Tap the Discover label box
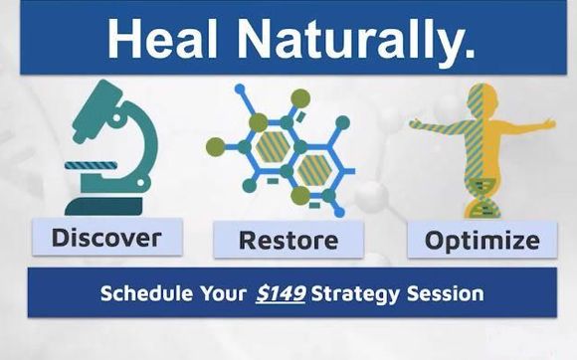(x=105, y=238)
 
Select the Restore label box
(x=288, y=240)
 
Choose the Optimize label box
(x=481, y=240)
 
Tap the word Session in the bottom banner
(x=450, y=294)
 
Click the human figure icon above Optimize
(x=481, y=149)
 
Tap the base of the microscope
(x=105, y=207)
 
